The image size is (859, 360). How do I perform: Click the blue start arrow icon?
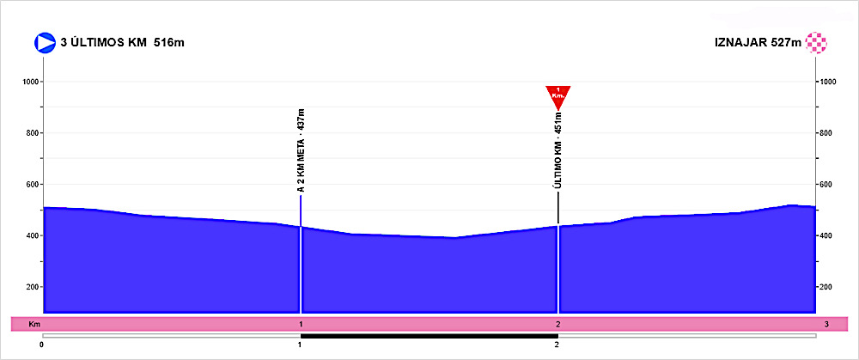coord(44,42)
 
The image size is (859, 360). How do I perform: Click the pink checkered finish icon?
coord(815,42)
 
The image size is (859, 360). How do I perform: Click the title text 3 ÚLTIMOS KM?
coord(103,42)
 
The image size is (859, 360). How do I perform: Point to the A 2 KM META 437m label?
coord(301,151)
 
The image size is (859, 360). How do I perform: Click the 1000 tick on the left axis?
coord(32,82)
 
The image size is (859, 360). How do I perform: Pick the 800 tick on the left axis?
coord(32,133)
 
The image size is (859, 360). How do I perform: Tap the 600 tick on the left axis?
coord(32,185)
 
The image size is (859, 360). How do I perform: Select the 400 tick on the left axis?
coord(32,235)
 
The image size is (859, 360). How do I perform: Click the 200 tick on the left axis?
coord(32,287)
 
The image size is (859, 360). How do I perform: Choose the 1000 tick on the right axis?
coord(829,82)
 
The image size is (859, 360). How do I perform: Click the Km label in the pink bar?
coord(34,324)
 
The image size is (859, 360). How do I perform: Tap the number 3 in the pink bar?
coord(825,324)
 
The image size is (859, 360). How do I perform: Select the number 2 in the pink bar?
coord(557,324)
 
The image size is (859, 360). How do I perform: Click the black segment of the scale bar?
coord(429,335)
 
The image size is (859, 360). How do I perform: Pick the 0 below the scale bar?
coord(42,345)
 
